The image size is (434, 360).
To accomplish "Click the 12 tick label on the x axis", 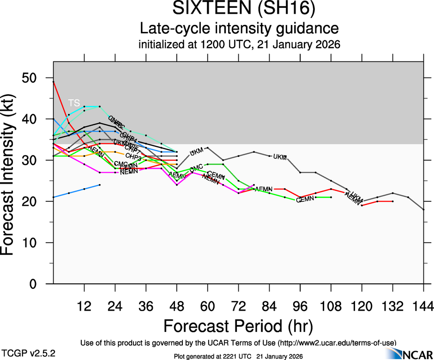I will (84, 306).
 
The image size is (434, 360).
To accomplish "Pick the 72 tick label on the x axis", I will (238, 306).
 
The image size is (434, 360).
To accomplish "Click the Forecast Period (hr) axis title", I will (238, 326).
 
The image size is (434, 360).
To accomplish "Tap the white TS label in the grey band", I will (74, 102).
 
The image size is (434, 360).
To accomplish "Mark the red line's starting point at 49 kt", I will (54, 82).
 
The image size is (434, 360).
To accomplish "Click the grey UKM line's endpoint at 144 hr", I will (423, 210).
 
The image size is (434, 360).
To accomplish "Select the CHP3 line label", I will (133, 156).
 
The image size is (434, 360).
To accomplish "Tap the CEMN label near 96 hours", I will (305, 199).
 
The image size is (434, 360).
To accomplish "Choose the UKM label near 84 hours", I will (280, 157).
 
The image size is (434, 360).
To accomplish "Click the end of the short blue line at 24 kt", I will (100, 185).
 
